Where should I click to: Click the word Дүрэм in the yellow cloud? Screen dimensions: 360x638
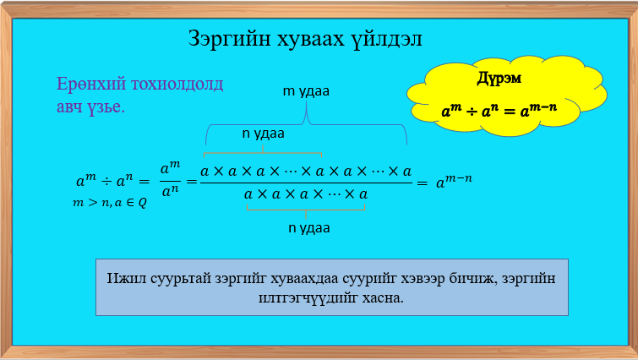(x=499, y=79)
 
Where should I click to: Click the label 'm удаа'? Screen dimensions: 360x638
(x=305, y=91)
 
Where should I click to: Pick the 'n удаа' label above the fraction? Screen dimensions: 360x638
(x=263, y=133)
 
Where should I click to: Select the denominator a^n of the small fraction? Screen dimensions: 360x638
(x=170, y=191)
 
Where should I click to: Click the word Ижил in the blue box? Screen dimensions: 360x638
(x=125, y=278)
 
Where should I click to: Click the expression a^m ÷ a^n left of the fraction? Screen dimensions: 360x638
(x=112, y=181)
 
